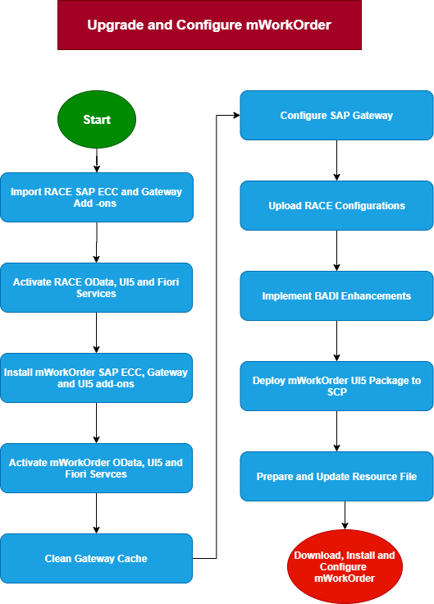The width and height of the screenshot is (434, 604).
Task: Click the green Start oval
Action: tap(97, 120)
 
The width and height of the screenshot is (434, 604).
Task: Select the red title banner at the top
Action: tap(209, 25)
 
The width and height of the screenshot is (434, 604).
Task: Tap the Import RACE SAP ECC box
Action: tap(97, 197)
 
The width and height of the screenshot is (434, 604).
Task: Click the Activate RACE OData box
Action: tap(96, 288)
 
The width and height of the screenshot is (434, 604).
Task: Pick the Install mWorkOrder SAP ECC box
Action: tap(96, 377)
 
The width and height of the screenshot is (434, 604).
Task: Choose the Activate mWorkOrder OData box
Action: tap(96, 468)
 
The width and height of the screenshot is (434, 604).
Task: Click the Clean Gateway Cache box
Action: tap(96, 558)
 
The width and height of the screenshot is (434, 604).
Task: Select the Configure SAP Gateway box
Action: tap(336, 115)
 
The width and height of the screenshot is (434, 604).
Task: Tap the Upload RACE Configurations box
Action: tap(336, 206)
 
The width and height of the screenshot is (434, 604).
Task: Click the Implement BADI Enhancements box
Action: tap(336, 295)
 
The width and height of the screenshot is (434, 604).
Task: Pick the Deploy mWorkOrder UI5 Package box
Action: tap(336, 386)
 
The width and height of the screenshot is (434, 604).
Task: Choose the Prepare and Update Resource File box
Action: tap(336, 476)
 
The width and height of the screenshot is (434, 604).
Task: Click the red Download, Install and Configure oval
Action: tap(345, 566)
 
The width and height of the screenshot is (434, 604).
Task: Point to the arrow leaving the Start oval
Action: tap(97, 160)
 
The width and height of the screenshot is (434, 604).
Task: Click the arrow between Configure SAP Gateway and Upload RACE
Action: tap(336, 160)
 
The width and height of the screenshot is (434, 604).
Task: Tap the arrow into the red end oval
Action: tap(345, 515)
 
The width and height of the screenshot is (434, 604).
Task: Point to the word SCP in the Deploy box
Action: tap(337, 391)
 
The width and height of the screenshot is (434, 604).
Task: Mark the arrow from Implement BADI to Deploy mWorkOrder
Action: tap(336, 341)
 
